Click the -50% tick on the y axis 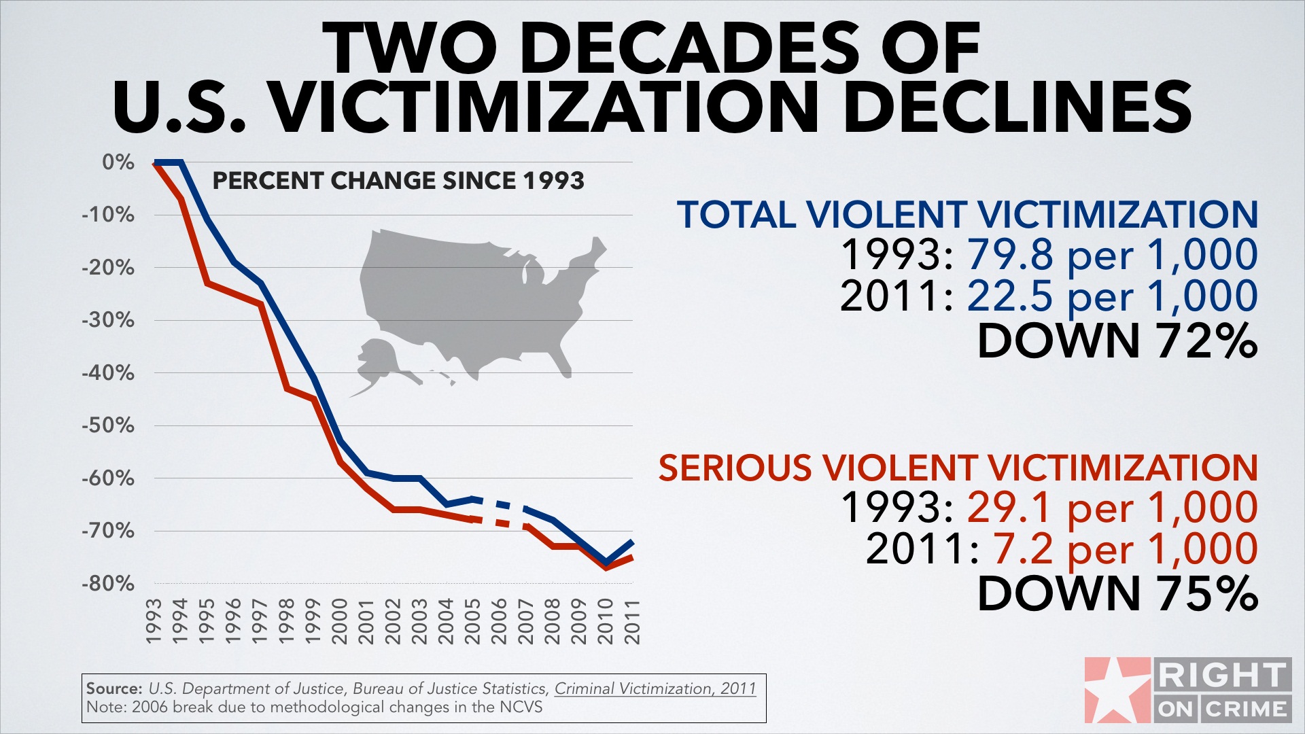pyautogui.click(x=108, y=425)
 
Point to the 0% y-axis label pyautogui.click(x=118, y=162)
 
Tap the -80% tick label pyautogui.click(x=108, y=584)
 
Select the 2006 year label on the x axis pyautogui.click(x=499, y=621)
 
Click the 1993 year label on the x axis pyautogui.click(x=154, y=621)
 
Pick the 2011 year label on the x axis pyautogui.click(x=632, y=621)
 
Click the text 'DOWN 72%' pyautogui.click(x=1117, y=340)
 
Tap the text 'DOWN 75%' pyautogui.click(x=1117, y=594)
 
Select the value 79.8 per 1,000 pyautogui.click(x=1112, y=255)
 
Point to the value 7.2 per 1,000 pyautogui.click(x=1125, y=549)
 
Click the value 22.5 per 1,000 pyautogui.click(x=1112, y=296)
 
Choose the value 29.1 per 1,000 pyautogui.click(x=1112, y=508)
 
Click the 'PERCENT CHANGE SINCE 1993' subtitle pyautogui.click(x=398, y=181)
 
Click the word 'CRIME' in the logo pyautogui.click(x=1247, y=710)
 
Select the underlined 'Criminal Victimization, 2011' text pyautogui.click(x=655, y=688)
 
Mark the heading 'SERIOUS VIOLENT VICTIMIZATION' pyautogui.click(x=958, y=468)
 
